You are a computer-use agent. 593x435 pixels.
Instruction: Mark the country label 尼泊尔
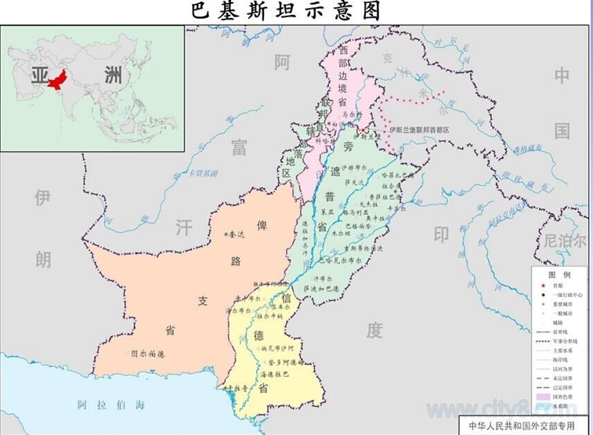pyautogui.click(x=565, y=241)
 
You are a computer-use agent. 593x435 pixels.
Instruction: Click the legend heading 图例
pyautogui.click(x=559, y=276)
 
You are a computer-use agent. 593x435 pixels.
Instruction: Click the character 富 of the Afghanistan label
pyautogui.click(x=239, y=146)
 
